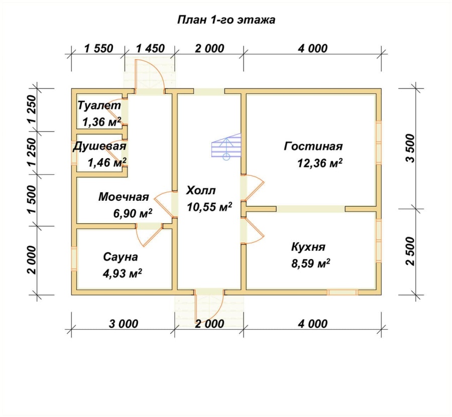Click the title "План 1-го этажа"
pos(226,20)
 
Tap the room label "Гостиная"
pos(313,146)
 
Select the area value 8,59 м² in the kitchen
pos(311,263)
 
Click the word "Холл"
pos(201,190)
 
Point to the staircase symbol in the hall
pos(227,147)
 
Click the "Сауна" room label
pos(121,256)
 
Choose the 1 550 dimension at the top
pos(98,48)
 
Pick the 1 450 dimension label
pos(150,48)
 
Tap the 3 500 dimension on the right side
pos(410,149)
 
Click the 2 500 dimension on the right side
pos(410,251)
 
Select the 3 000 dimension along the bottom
pos(124,324)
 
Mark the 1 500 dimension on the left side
pos(32,199)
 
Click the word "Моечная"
pos(124,197)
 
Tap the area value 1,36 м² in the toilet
pos(101,122)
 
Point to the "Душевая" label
pos(99,146)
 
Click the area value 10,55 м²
pos(209,207)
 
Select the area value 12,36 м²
pos(320,163)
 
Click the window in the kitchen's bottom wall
pos(343,293)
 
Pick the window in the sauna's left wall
pos(74,258)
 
